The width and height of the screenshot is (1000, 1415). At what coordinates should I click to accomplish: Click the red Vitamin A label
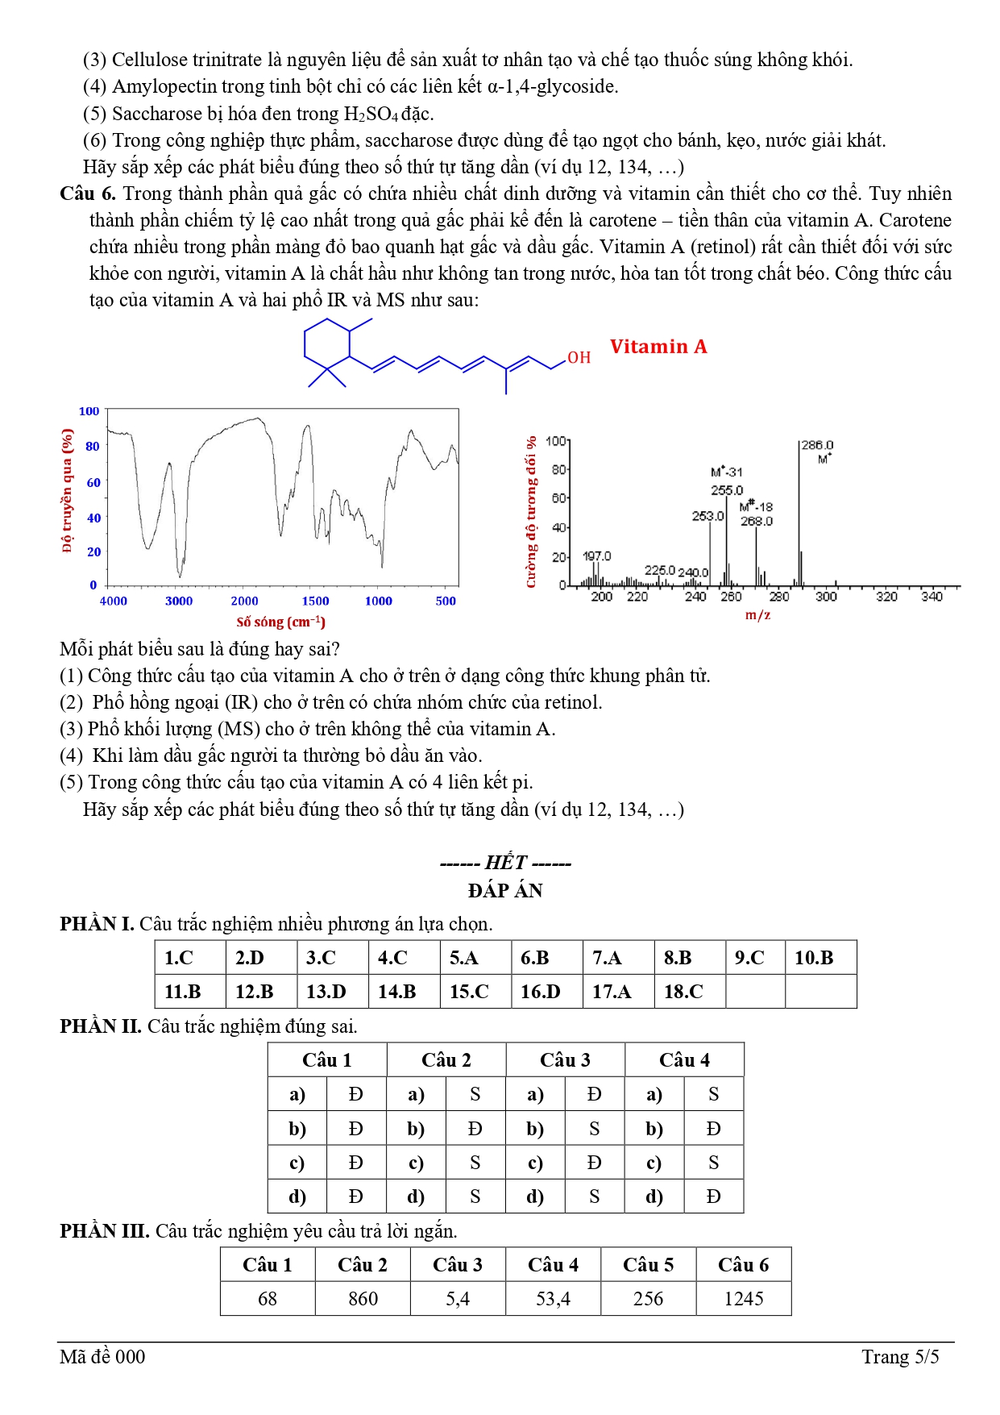point(658,347)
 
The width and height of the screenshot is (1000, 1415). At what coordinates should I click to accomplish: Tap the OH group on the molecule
point(579,357)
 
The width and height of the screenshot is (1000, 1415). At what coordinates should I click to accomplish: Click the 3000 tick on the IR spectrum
point(179,601)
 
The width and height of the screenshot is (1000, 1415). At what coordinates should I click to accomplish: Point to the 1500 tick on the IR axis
point(315,601)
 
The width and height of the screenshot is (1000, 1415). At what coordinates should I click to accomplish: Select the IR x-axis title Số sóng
point(280,622)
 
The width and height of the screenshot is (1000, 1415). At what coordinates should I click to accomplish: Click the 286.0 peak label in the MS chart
point(817,445)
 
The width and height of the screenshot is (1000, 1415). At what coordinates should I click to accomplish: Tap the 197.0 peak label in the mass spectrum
point(596,556)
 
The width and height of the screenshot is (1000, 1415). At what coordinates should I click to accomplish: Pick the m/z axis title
point(757,615)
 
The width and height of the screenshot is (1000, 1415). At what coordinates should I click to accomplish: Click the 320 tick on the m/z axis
point(886,597)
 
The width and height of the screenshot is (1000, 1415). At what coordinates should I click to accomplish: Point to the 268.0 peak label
point(757,522)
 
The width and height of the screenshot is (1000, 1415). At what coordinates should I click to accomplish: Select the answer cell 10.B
point(814,958)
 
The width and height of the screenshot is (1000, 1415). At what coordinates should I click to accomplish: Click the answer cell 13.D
point(326,992)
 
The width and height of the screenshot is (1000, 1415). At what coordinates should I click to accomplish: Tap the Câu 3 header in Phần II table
point(565,1060)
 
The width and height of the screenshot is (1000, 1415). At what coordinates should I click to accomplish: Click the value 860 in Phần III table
point(363,1299)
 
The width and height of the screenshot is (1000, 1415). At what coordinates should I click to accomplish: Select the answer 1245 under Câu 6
point(743,1299)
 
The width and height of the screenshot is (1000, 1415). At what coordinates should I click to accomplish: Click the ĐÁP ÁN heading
point(505,891)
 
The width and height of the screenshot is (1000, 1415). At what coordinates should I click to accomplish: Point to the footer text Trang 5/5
point(900,1357)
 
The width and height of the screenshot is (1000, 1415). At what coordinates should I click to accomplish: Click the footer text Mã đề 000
point(102,1357)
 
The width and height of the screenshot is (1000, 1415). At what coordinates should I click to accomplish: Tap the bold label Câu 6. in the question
point(88,194)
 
